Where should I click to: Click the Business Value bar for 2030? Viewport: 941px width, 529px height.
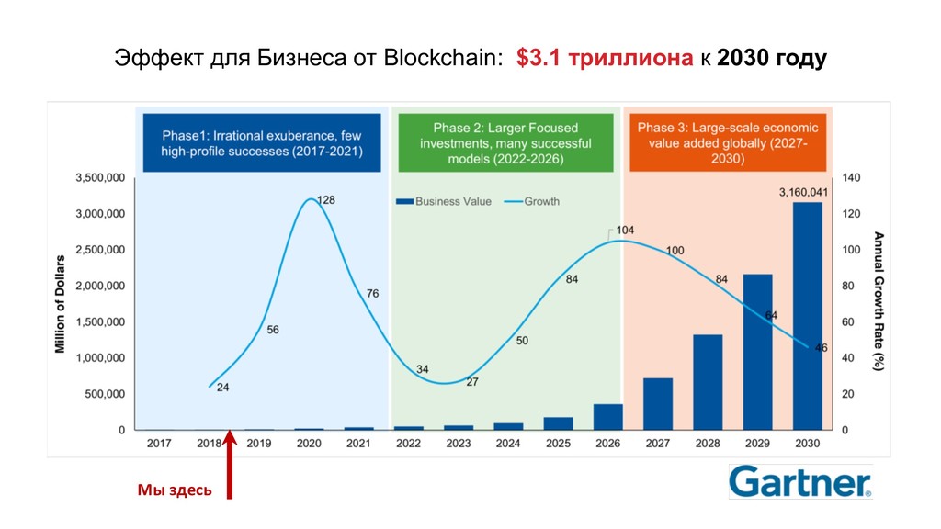pos(807,316)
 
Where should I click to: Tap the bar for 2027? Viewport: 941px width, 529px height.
pos(658,404)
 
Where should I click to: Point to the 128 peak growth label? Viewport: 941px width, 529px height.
pos(326,199)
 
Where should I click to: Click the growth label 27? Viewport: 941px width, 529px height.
pos(472,381)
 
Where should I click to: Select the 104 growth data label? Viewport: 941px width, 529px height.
pos(625,230)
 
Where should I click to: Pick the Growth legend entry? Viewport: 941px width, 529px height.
pos(532,201)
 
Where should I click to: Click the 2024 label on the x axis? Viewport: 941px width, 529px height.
pos(508,444)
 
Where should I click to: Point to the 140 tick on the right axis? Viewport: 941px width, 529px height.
pos(852,178)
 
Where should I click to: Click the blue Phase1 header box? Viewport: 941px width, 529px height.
pos(262,142)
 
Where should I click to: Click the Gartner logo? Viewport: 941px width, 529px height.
pos(800,481)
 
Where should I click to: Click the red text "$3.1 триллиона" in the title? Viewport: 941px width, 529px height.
pos(605,60)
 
